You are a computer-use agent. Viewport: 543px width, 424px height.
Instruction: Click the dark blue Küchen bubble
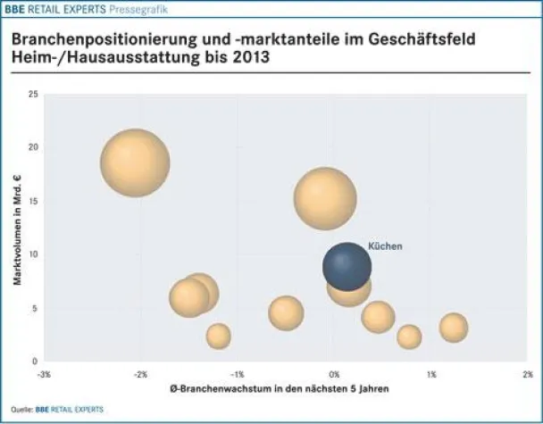tap(347, 267)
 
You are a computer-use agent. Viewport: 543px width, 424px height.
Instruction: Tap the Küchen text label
tap(385, 246)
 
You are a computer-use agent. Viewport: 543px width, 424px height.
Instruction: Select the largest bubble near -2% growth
tap(136, 162)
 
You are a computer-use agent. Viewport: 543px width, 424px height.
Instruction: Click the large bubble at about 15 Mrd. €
tap(325, 199)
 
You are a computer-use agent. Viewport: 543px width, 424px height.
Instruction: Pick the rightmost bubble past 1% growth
tap(454, 328)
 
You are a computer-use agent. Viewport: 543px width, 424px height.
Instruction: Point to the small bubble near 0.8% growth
tap(409, 337)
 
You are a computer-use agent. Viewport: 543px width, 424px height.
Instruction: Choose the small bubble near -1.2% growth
tap(218, 336)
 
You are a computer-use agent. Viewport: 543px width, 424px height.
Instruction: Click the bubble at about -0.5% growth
tap(286, 312)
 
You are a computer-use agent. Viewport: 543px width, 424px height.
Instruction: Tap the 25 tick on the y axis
tap(33, 94)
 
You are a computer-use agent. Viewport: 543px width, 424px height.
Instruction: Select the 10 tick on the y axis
tap(33, 254)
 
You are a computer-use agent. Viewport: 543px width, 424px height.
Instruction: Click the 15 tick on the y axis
tap(33, 201)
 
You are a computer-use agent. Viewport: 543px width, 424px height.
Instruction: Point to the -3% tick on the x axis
tap(44, 373)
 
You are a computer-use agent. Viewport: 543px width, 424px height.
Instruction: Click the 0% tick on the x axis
tap(334, 373)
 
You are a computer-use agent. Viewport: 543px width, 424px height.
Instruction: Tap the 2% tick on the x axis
tap(527, 373)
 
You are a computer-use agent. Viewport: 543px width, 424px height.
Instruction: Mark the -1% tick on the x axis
tap(238, 373)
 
